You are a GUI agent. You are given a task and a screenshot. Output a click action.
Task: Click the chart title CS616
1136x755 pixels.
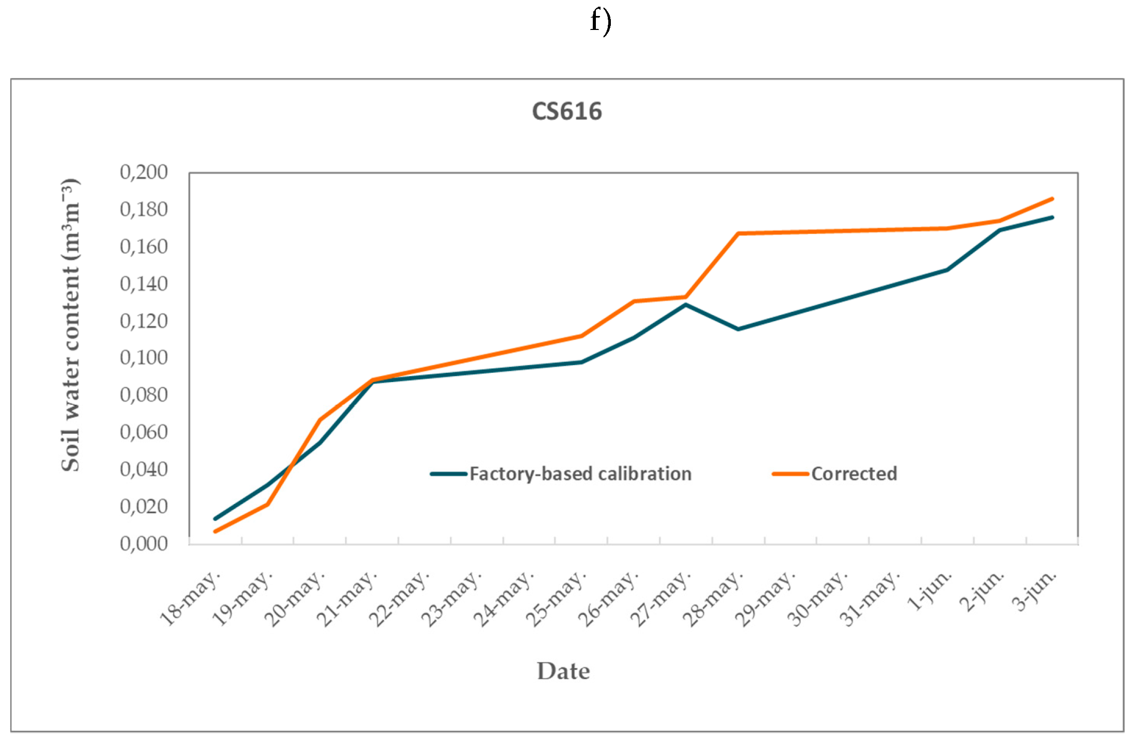pyautogui.click(x=567, y=112)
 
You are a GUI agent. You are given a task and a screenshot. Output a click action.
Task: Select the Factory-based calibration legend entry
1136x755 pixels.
pyautogui.click(x=580, y=474)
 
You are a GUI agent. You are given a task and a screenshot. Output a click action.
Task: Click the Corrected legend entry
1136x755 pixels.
pyautogui.click(x=854, y=474)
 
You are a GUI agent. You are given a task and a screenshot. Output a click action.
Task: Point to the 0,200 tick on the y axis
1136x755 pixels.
pyautogui.click(x=144, y=172)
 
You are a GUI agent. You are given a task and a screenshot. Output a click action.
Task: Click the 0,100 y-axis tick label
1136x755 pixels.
pyautogui.click(x=144, y=357)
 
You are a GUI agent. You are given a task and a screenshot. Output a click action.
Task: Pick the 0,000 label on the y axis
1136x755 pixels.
pyautogui.click(x=144, y=543)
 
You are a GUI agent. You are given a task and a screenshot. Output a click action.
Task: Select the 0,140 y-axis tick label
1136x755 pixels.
pyautogui.click(x=144, y=284)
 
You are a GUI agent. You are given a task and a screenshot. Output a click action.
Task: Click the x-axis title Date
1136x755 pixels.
pyautogui.click(x=563, y=671)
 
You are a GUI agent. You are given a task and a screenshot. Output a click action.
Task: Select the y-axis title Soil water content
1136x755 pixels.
pyautogui.click(x=71, y=325)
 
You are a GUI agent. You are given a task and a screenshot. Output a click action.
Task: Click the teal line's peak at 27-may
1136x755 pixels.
pyautogui.click(x=686, y=305)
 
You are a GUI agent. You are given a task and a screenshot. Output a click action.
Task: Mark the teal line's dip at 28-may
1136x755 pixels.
pyautogui.click(x=738, y=329)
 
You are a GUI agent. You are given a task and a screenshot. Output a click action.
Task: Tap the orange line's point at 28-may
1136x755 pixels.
pyautogui.click(x=738, y=233)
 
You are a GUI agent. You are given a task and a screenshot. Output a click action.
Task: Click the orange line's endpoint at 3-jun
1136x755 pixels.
pyautogui.click(x=1052, y=199)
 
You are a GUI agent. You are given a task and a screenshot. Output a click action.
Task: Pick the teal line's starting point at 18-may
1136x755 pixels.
pyautogui.click(x=215, y=518)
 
